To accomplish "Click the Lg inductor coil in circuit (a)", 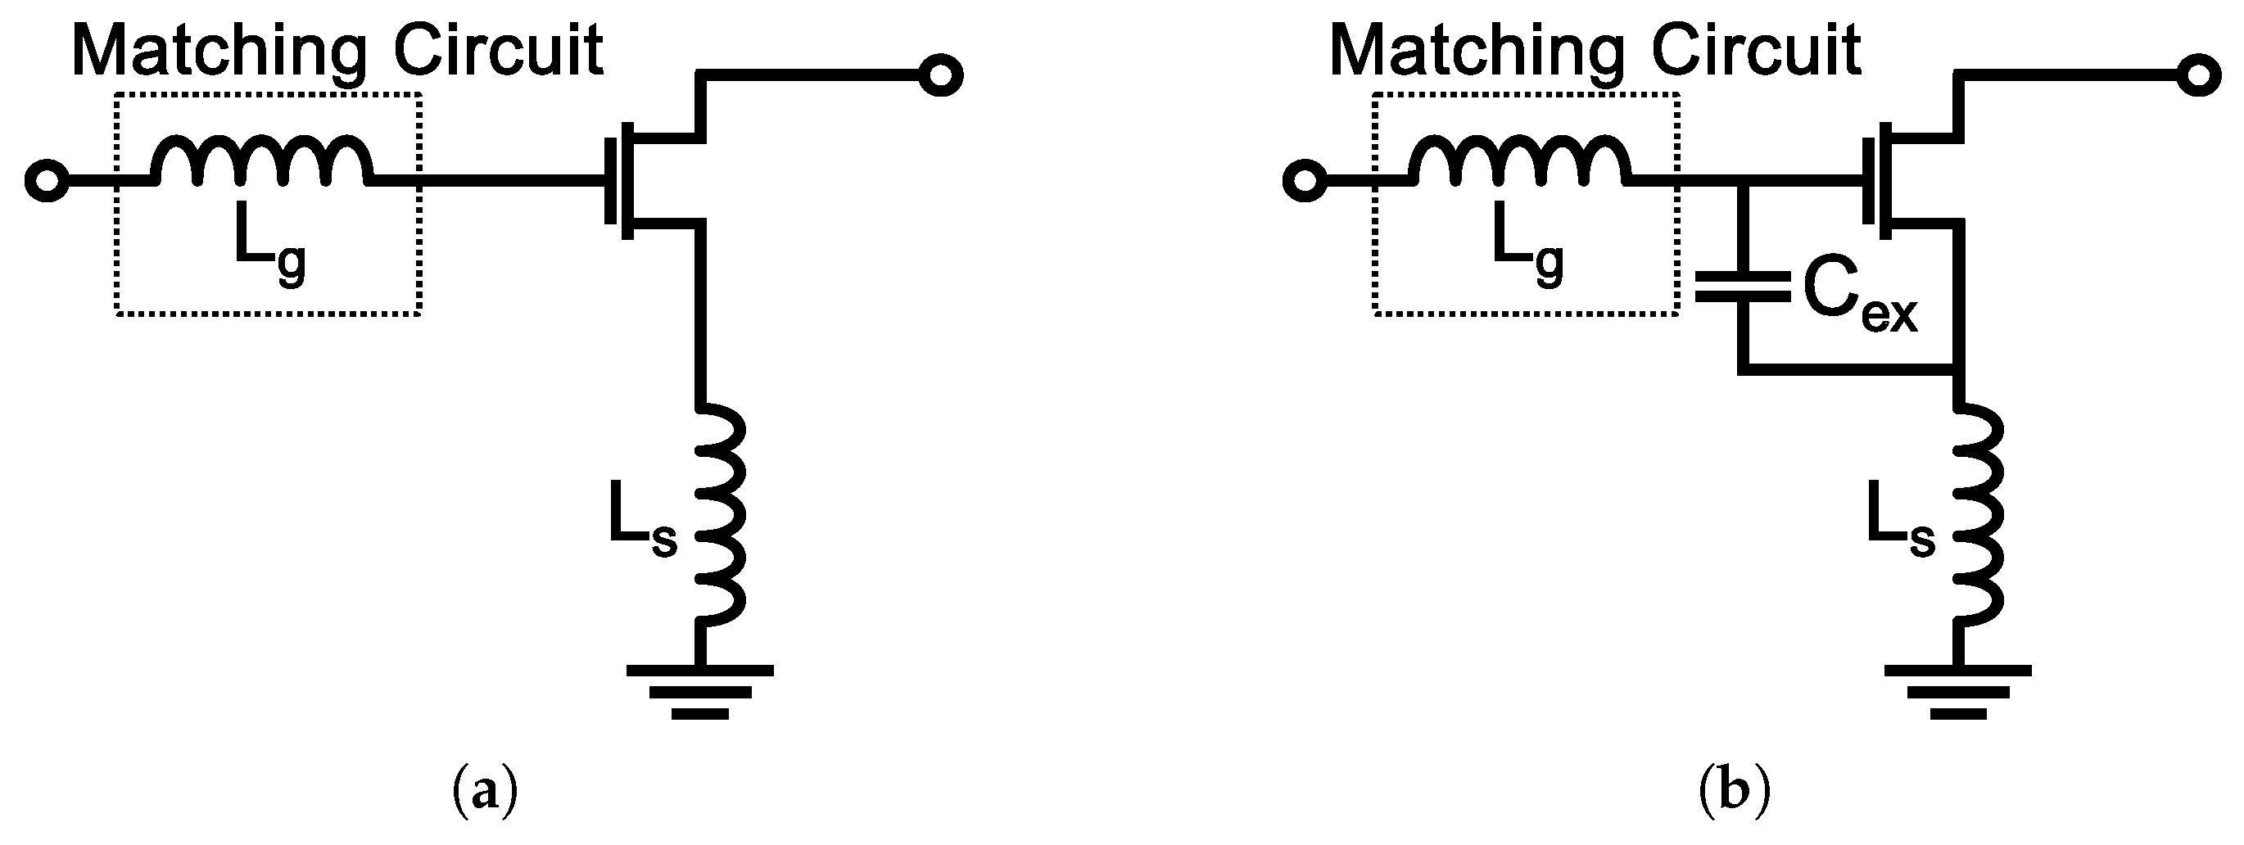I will (x=261, y=160).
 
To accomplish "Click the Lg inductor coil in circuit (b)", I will (x=1520, y=160).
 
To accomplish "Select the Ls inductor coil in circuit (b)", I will (x=1979, y=515).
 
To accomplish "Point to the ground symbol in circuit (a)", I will (x=699, y=693).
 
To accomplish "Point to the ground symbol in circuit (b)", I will (x=1957, y=693).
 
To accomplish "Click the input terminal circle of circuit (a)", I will (x=47, y=181).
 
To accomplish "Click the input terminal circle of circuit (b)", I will (x=1305, y=181).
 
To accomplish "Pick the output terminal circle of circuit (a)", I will (x=941, y=76).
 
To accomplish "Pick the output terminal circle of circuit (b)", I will (x=2199, y=76).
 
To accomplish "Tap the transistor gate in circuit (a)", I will (x=611, y=181).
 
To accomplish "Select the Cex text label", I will (x=1859, y=301).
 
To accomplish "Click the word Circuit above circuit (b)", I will (x=1756, y=51).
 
